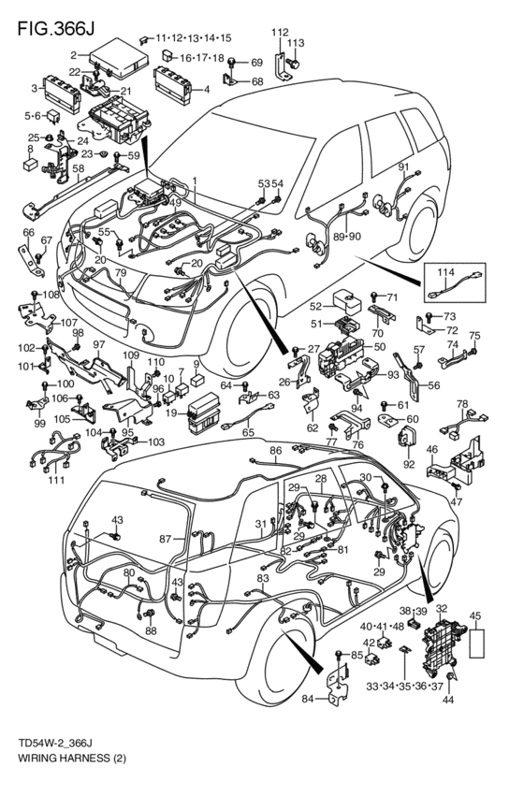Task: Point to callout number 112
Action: pyautogui.click(x=280, y=33)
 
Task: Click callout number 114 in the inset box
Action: pyautogui.click(x=447, y=272)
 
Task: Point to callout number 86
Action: pyautogui.click(x=275, y=452)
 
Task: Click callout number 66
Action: pyautogui.click(x=28, y=233)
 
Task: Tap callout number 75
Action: pyautogui.click(x=474, y=336)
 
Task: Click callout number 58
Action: pyautogui.click(x=78, y=168)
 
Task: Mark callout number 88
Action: pyautogui.click(x=150, y=630)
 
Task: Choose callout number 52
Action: pyautogui.click(x=315, y=305)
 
